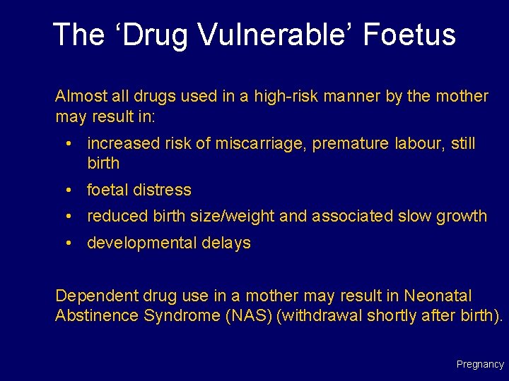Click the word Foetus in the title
click(410, 35)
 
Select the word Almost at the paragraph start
click(78, 96)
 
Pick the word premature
click(350, 144)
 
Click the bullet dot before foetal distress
click(71, 190)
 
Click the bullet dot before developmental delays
click(71, 243)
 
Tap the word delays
click(228, 243)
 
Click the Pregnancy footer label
click(480, 365)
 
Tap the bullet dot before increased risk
click(71, 144)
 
